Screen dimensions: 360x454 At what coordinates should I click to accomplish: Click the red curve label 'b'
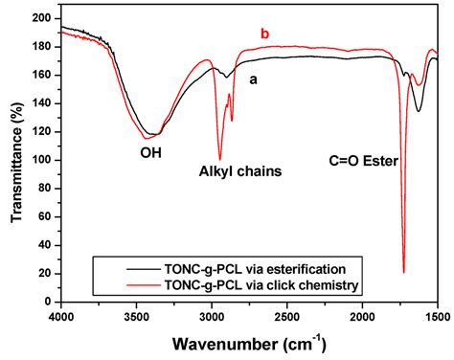pos(265,35)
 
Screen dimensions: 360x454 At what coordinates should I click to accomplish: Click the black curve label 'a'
pos(254,79)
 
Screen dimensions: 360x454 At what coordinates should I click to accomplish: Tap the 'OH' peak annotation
pos(153,149)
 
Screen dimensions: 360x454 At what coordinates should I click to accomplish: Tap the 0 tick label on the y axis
pos(51,301)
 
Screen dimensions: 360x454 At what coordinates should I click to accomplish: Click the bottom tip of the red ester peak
pos(403,272)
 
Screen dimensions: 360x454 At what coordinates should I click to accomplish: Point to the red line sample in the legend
pos(115,284)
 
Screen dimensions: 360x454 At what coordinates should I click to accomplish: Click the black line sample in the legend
pos(115,268)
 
